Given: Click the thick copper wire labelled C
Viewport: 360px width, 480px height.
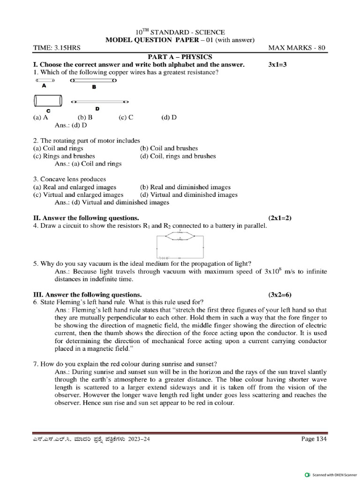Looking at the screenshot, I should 48,101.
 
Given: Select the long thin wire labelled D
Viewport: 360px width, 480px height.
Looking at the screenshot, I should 100,102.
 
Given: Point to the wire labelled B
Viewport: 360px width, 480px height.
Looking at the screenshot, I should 94,81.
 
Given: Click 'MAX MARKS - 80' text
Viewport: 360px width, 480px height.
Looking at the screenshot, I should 297,48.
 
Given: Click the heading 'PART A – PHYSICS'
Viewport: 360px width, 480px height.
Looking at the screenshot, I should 180,56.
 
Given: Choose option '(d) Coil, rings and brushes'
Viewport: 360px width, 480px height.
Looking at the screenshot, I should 178,156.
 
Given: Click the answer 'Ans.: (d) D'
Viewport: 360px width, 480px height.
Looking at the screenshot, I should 71,125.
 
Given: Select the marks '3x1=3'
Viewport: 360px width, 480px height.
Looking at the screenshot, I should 277,64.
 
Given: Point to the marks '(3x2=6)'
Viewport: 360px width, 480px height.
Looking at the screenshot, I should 280,294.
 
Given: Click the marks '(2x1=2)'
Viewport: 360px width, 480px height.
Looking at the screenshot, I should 280,218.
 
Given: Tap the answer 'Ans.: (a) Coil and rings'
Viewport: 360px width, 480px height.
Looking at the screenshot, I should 88,164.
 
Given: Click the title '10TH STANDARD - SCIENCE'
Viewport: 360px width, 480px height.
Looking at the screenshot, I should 180,32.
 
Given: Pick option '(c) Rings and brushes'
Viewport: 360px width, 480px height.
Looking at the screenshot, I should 64,156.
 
